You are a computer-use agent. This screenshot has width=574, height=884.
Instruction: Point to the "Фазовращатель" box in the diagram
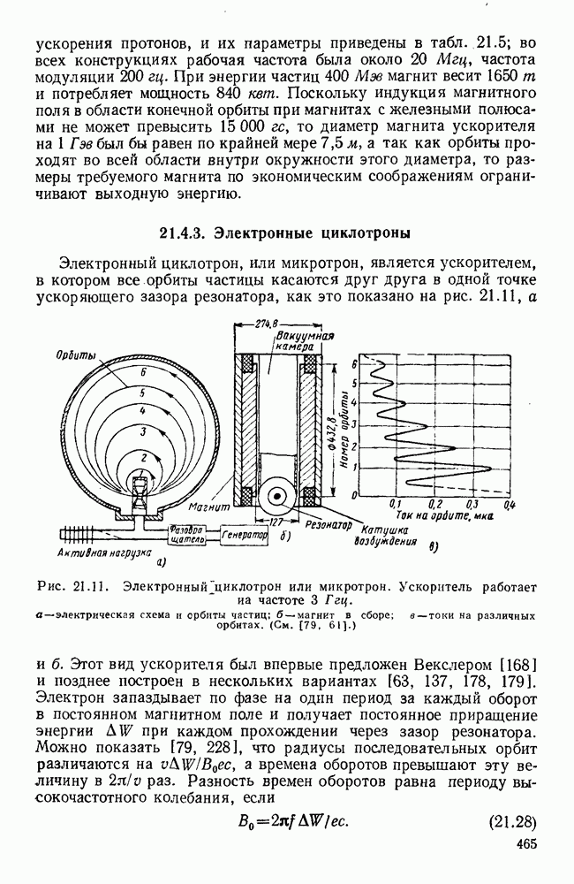coord(187,535)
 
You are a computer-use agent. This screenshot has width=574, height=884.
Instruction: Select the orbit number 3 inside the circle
coord(141,430)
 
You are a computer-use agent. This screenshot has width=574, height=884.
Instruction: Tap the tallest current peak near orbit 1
coord(488,467)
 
